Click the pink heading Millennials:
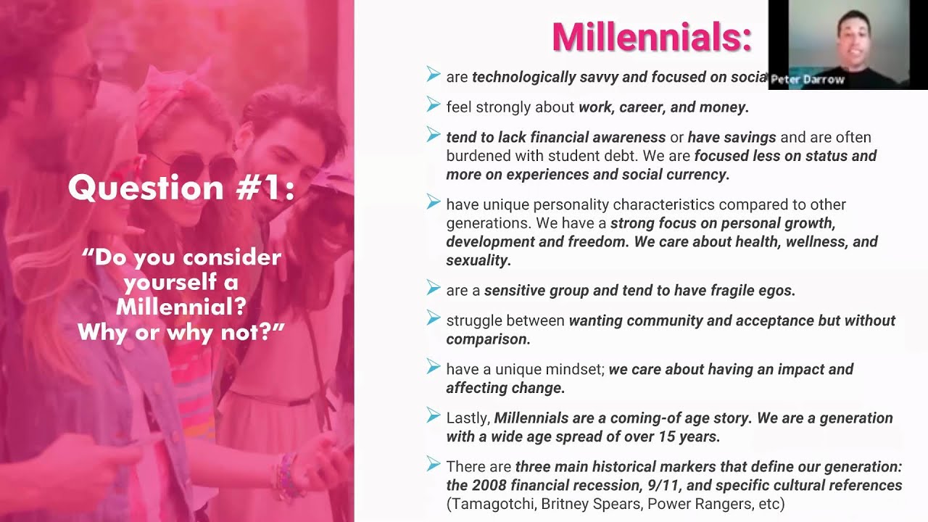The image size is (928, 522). tap(651, 37)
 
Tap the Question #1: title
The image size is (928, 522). tap(181, 188)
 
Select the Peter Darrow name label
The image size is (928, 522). tap(808, 80)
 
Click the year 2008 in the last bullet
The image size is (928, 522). tap(493, 485)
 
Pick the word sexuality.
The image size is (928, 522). tap(478, 260)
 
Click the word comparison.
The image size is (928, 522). tap(488, 339)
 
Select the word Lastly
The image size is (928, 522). tap(468, 418)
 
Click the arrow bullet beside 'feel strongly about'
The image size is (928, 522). tap(434, 106)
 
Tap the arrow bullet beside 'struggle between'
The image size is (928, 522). tap(434, 318)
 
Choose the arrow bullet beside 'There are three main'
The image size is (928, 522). tap(434, 464)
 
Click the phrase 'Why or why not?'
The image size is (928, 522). tap(181, 332)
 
